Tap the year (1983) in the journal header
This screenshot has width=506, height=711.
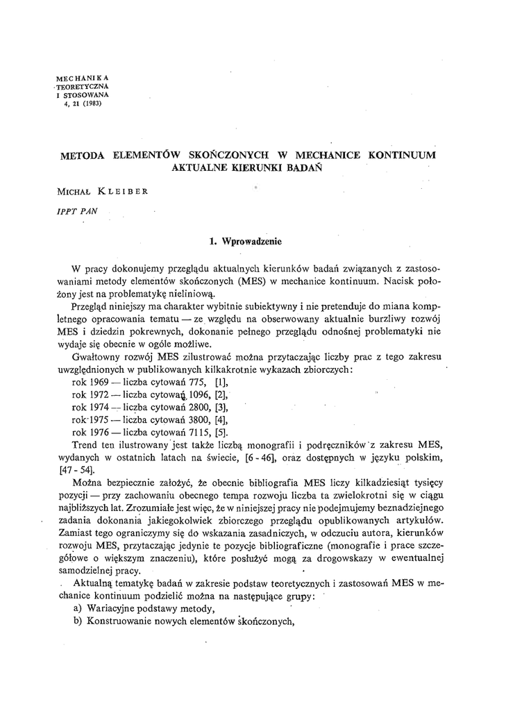click(x=91, y=104)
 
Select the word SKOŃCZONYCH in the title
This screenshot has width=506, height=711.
click(x=220, y=155)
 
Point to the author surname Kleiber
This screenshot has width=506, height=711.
click(x=123, y=189)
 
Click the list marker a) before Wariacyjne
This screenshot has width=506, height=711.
click(x=78, y=609)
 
